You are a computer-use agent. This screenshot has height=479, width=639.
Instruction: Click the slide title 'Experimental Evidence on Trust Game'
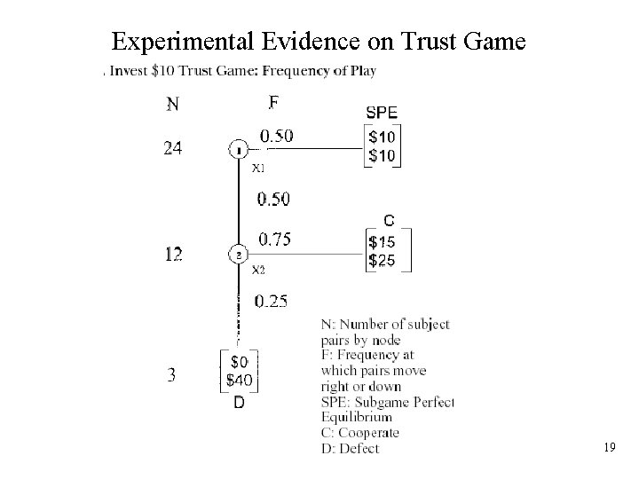click(319, 41)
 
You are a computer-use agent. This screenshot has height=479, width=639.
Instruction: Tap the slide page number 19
click(610, 449)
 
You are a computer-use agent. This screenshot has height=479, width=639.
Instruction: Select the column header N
click(172, 105)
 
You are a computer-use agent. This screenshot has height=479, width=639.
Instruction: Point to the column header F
click(273, 103)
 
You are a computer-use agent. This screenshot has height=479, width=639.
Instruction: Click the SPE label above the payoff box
click(382, 112)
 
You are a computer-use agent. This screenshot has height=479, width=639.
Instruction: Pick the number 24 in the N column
click(173, 149)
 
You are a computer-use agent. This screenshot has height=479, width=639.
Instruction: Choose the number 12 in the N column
click(173, 255)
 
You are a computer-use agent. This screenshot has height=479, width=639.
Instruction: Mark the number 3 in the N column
click(171, 375)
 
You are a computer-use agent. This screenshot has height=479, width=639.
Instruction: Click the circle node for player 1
click(238, 150)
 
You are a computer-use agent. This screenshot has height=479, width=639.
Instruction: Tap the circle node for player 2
click(238, 255)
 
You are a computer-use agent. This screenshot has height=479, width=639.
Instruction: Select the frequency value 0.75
click(274, 238)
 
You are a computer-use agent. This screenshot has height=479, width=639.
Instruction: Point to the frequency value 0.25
click(271, 301)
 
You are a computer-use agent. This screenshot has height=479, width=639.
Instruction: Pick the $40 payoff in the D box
click(240, 381)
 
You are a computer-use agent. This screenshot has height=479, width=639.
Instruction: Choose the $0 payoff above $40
click(240, 362)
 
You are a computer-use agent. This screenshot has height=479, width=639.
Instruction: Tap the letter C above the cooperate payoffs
click(389, 220)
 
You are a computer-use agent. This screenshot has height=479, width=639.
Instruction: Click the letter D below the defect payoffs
click(239, 403)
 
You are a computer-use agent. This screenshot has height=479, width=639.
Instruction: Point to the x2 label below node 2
click(258, 270)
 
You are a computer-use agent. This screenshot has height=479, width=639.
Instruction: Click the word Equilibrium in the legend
click(357, 417)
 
